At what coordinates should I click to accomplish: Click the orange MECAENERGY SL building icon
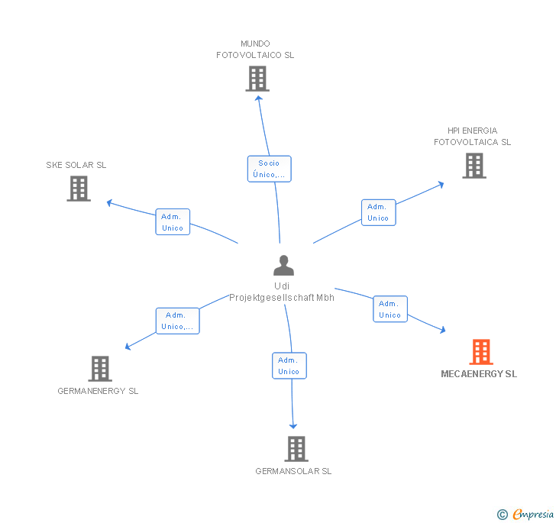[x=481, y=352]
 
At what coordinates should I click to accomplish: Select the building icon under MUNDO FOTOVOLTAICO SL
[x=257, y=79]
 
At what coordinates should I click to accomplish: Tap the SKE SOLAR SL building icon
[x=79, y=189]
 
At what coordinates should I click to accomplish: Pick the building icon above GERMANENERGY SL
[x=100, y=369]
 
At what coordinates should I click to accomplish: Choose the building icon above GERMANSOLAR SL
[x=296, y=448]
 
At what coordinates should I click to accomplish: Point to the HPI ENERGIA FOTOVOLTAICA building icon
[x=474, y=166]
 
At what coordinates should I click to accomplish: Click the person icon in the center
[x=283, y=265]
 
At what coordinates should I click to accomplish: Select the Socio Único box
[x=269, y=169]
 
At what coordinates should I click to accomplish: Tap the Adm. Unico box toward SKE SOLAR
[x=173, y=222]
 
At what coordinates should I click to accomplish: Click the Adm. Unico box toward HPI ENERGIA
[x=378, y=212]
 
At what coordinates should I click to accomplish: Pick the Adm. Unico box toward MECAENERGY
[x=390, y=308]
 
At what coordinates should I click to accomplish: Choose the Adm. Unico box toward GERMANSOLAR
[x=289, y=366]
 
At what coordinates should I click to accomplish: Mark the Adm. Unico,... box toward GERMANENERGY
[x=178, y=321]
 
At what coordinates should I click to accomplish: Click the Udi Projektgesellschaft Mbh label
[x=282, y=292]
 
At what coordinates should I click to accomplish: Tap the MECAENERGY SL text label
[x=479, y=374]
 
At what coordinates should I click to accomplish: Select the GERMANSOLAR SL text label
[x=293, y=471]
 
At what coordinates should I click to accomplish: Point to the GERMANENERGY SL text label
[x=98, y=391]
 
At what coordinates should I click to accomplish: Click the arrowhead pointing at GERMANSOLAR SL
[x=293, y=426]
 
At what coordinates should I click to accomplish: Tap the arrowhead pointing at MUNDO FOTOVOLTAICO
[x=259, y=98]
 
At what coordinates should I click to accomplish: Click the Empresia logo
[x=525, y=514]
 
